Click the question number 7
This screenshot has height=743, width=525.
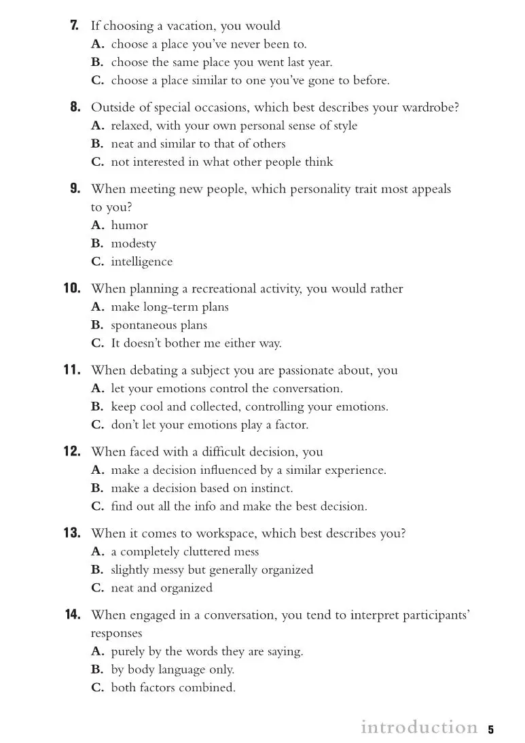tap(75, 26)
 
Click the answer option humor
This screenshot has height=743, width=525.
tap(129, 225)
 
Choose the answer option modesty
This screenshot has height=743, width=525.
tap(133, 243)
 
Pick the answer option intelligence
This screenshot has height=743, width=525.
tap(142, 262)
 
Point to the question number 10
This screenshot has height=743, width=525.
tap(73, 289)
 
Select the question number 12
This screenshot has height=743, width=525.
tap(73, 452)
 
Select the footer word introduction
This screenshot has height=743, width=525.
tap(419, 727)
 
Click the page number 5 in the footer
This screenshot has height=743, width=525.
tap(490, 729)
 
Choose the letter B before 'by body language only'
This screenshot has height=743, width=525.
tap(97, 670)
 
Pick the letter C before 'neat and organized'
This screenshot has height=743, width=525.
tap(97, 588)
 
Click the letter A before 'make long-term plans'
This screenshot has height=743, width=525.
tap(97, 307)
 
